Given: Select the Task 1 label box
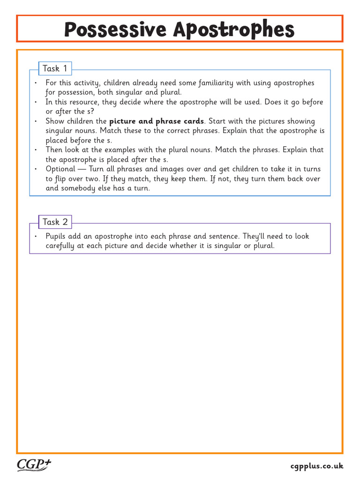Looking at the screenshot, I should click(x=55, y=69).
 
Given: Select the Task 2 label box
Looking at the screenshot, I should click(x=55, y=222).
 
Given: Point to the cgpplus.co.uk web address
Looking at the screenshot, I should click(x=316, y=466).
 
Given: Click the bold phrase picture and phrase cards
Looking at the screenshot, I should click(x=157, y=121).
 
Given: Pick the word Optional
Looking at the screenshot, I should click(x=60, y=169).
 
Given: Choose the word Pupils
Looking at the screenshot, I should click(x=56, y=236).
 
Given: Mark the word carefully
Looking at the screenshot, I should click(x=60, y=246).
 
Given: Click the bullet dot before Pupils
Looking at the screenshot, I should click(x=36, y=237).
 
